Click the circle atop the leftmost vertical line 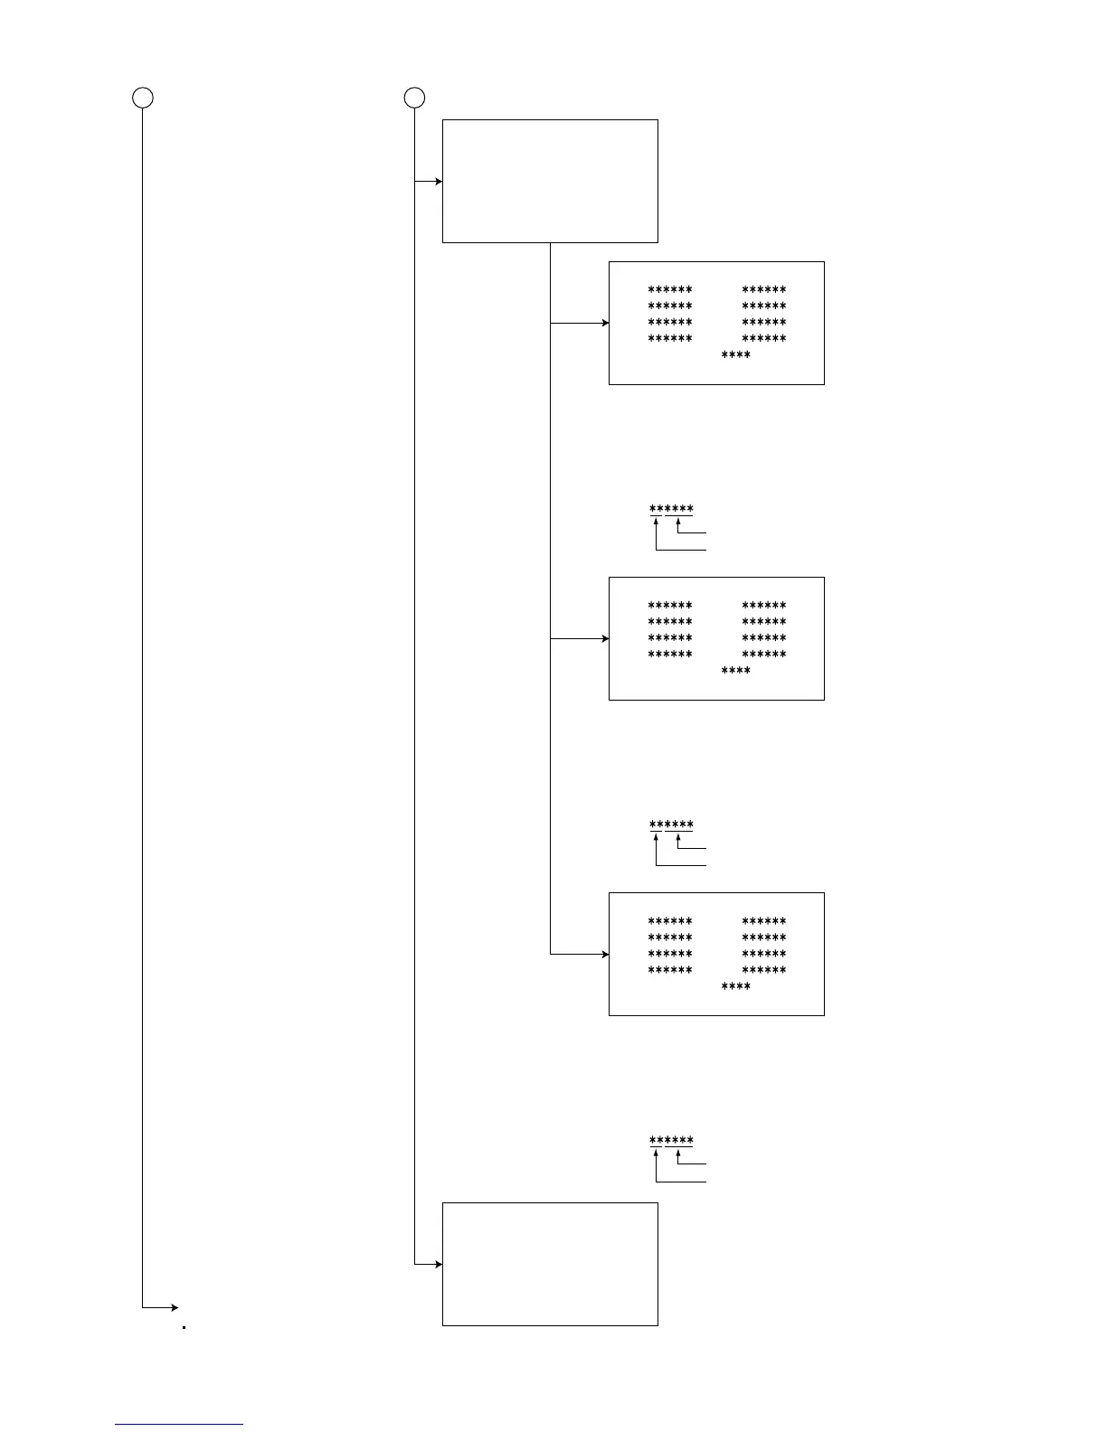pyautogui.click(x=143, y=98)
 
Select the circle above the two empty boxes pyautogui.click(x=414, y=98)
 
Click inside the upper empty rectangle pyautogui.click(x=550, y=181)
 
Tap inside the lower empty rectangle pyautogui.click(x=550, y=1264)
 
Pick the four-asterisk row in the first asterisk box pyautogui.click(x=735, y=355)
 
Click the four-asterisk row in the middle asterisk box pyautogui.click(x=735, y=671)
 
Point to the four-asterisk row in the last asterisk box pyautogui.click(x=735, y=986)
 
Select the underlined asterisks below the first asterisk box pyautogui.click(x=671, y=510)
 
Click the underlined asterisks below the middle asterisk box pyautogui.click(x=671, y=825)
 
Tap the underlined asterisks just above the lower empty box pyautogui.click(x=671, y=1141)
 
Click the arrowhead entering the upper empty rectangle pyautogui.click(x=439, y=182)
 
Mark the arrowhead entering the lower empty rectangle pyautogui.click(x=439, y=1264)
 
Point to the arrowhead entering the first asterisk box pyautogui.click(x=605, y=323)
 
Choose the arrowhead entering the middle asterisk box pyautogui.click(x=605, y=638)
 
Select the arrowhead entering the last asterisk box pyautogui.click(x=605, y=954)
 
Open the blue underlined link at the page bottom pyautogui.click(x=179, y=1424)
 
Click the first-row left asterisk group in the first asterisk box pyautogui.click(x=670, y=290)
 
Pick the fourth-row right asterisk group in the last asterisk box pyautogui.click(x=764, y=970)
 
